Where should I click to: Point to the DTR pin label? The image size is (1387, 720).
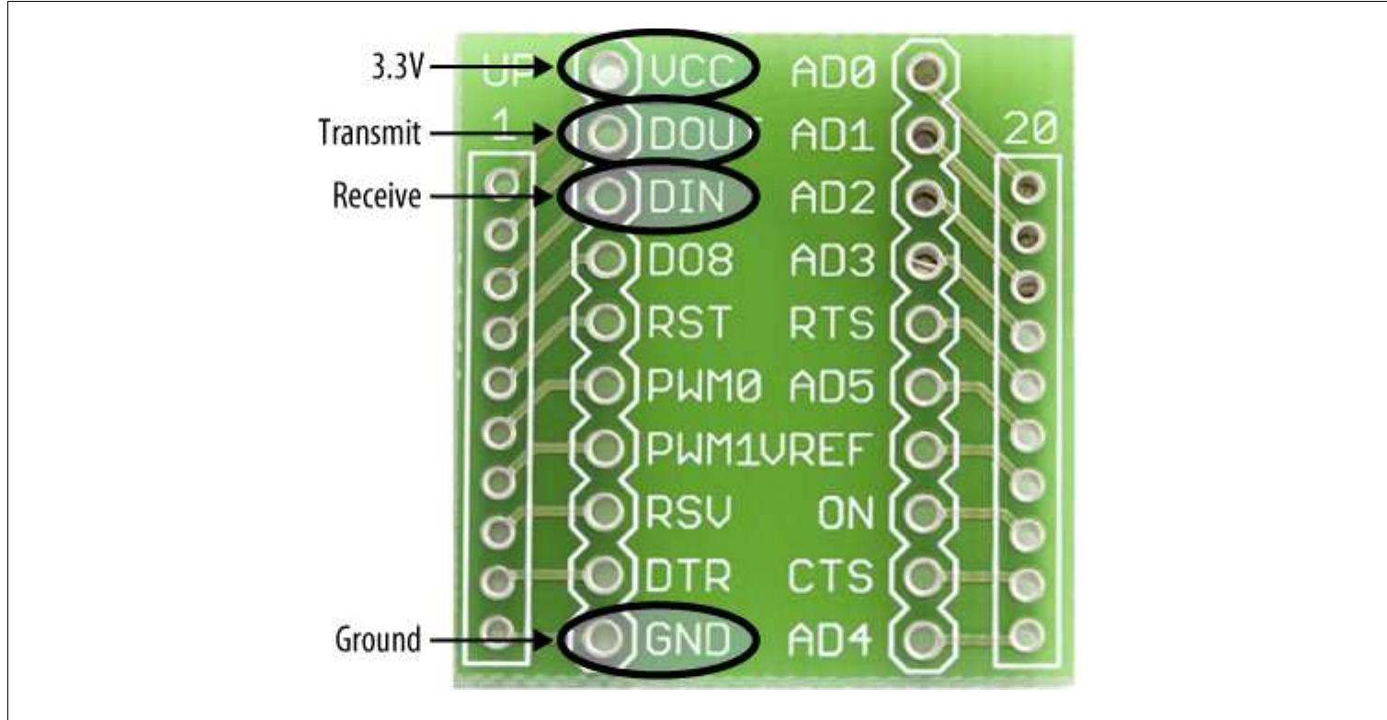tap(689, 576)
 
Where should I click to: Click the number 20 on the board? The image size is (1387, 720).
tap(1028, 132)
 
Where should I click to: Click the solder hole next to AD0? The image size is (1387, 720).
tap(927, 70)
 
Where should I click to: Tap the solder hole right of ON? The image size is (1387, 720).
tap(927, 511)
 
